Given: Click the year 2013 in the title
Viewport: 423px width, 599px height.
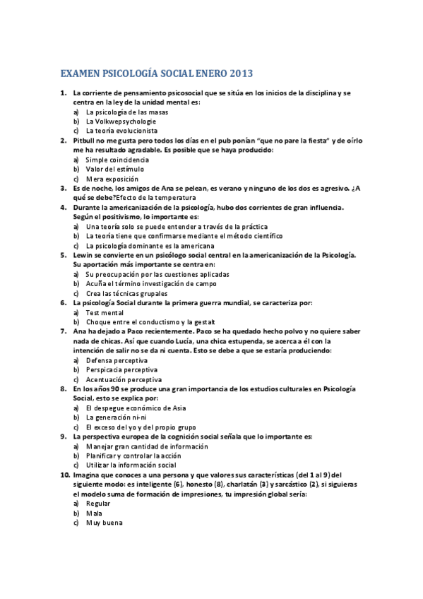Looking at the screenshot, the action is coord(239,73).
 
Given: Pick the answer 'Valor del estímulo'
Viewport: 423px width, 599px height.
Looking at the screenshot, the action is coord(114,169).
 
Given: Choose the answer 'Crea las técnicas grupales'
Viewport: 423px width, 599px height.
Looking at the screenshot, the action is coord(126,293).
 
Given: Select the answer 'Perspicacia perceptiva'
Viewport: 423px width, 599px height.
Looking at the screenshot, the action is coord(121,369).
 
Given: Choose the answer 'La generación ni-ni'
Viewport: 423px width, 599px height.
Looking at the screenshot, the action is coord(117,417).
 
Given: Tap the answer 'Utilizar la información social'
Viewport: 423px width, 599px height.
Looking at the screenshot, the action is coord(131,465).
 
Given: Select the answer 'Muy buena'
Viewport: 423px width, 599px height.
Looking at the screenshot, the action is coord(105,523).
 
